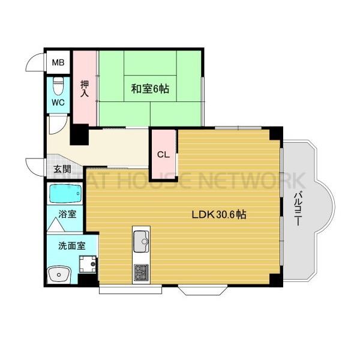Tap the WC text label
click(58, 102)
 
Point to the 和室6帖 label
click(150, 89)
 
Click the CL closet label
click(163, 154)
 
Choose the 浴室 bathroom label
click(67, 214)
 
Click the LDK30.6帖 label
click(220, 214)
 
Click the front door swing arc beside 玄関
click(36, 165)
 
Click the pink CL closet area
click(163, 162)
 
